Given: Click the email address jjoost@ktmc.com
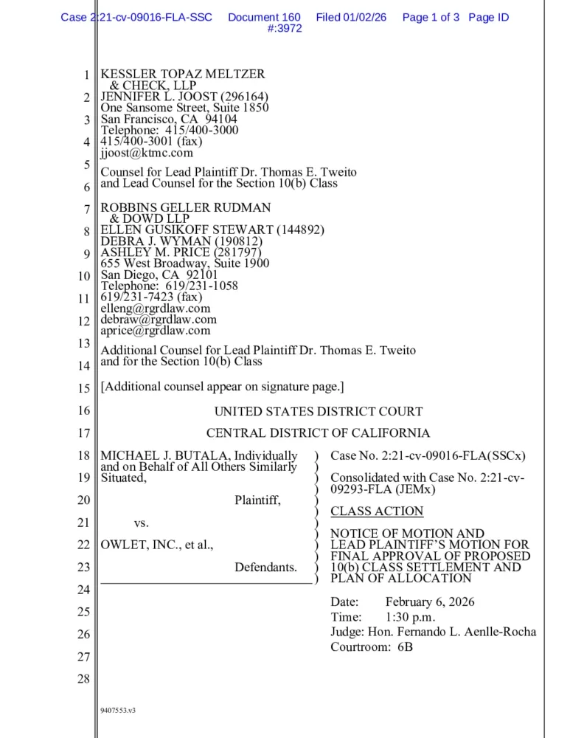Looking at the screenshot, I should (x=147, y=153).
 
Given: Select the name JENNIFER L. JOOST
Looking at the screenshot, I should (x=161, y=97).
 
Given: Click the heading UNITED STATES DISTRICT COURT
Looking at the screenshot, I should (x=319, y=411).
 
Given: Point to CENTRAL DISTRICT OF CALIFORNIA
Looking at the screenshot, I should (x=318, y=433).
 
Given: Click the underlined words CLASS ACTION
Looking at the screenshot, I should (x=377, y=511).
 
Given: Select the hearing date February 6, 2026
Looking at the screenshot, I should (x=430, y=602).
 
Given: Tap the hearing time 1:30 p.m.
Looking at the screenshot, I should (x=410, y=617).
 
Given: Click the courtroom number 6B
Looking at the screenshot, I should (x=405, y=647).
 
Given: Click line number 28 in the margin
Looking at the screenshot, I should (x=83, y=679).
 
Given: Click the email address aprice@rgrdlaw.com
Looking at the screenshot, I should (x=156, y=331).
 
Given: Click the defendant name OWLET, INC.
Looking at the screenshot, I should (x=135, y=545).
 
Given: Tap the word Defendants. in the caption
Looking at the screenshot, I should (x=266, y=567).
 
